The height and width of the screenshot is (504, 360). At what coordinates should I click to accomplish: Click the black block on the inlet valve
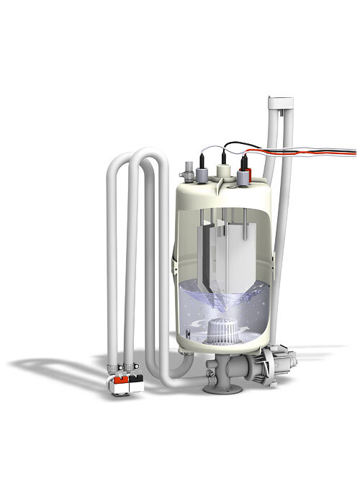134,379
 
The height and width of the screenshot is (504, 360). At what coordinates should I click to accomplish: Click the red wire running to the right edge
317,150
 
